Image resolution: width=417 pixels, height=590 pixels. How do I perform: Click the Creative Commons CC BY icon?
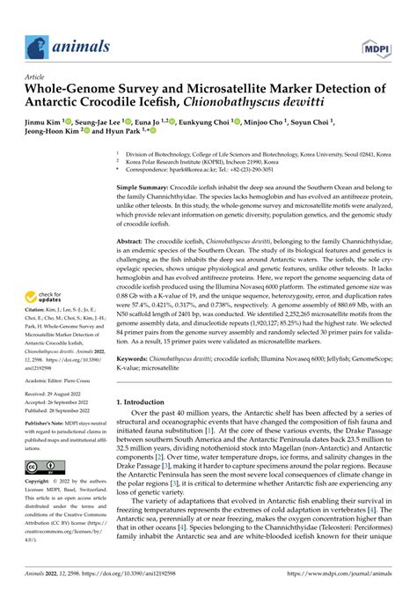point(46,467)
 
